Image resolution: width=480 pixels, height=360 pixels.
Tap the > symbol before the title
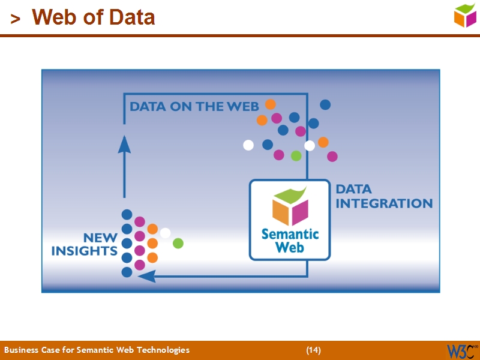point(15,19)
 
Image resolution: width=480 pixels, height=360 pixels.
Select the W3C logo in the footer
point(461,350)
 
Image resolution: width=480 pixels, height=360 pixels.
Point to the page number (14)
point(313,350)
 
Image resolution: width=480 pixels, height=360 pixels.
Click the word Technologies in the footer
point(163,350)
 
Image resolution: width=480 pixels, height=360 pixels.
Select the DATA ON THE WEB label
point(194,107)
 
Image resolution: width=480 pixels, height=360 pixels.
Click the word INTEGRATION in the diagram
point(384,203)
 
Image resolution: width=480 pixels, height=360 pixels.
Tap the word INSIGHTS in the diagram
point(84,251)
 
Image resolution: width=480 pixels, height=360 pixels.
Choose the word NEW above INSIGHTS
point(100,238)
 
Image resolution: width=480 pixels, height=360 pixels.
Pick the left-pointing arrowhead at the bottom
point(146,277)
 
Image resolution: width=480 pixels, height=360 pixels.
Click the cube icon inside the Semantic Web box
point(290,208)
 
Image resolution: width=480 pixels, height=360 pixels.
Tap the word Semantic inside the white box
point(290,234)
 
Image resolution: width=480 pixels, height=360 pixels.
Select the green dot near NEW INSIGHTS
point(178,243)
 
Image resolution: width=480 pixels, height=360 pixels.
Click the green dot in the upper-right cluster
point(296,156)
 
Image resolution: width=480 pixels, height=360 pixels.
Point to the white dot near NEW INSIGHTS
point(165,233)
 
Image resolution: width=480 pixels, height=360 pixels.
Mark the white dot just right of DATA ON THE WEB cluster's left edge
point(248,145)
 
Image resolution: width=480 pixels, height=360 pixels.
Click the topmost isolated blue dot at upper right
point(325,104)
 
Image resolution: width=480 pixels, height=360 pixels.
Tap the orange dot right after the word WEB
point(271,104)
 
